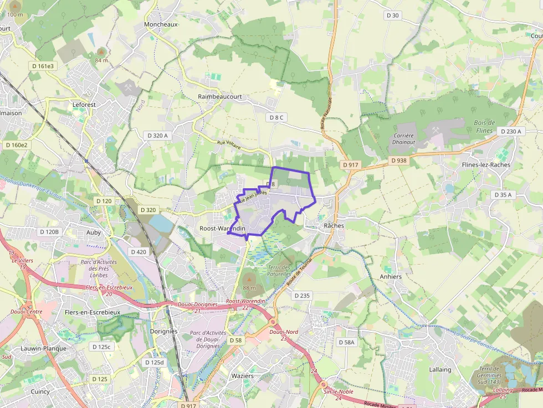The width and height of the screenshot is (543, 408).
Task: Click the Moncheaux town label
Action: [161, 24]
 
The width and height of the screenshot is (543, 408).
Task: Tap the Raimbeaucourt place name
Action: [220, 96]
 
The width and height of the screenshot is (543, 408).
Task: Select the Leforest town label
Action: [84, 104]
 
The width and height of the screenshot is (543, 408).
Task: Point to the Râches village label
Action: [334, 226]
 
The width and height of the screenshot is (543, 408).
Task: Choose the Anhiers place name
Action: [391, 276]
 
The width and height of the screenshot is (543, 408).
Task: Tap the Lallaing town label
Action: [440, 369]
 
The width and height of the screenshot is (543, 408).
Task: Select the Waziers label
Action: [242, 376]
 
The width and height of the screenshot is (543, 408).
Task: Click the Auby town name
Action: [94, 233]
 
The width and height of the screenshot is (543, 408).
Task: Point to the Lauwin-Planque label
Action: [43, 349]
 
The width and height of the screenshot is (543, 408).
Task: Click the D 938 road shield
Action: [398, 161]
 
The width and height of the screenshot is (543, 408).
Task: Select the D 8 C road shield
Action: [276, 117]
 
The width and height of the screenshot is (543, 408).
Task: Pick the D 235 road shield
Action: [302, 296]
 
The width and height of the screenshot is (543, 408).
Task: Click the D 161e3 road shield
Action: [43, 66]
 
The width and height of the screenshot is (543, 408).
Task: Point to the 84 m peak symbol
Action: [101, 53]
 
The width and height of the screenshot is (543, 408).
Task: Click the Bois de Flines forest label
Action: [484, 126]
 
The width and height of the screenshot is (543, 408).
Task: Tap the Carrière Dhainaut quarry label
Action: [403, 139]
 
